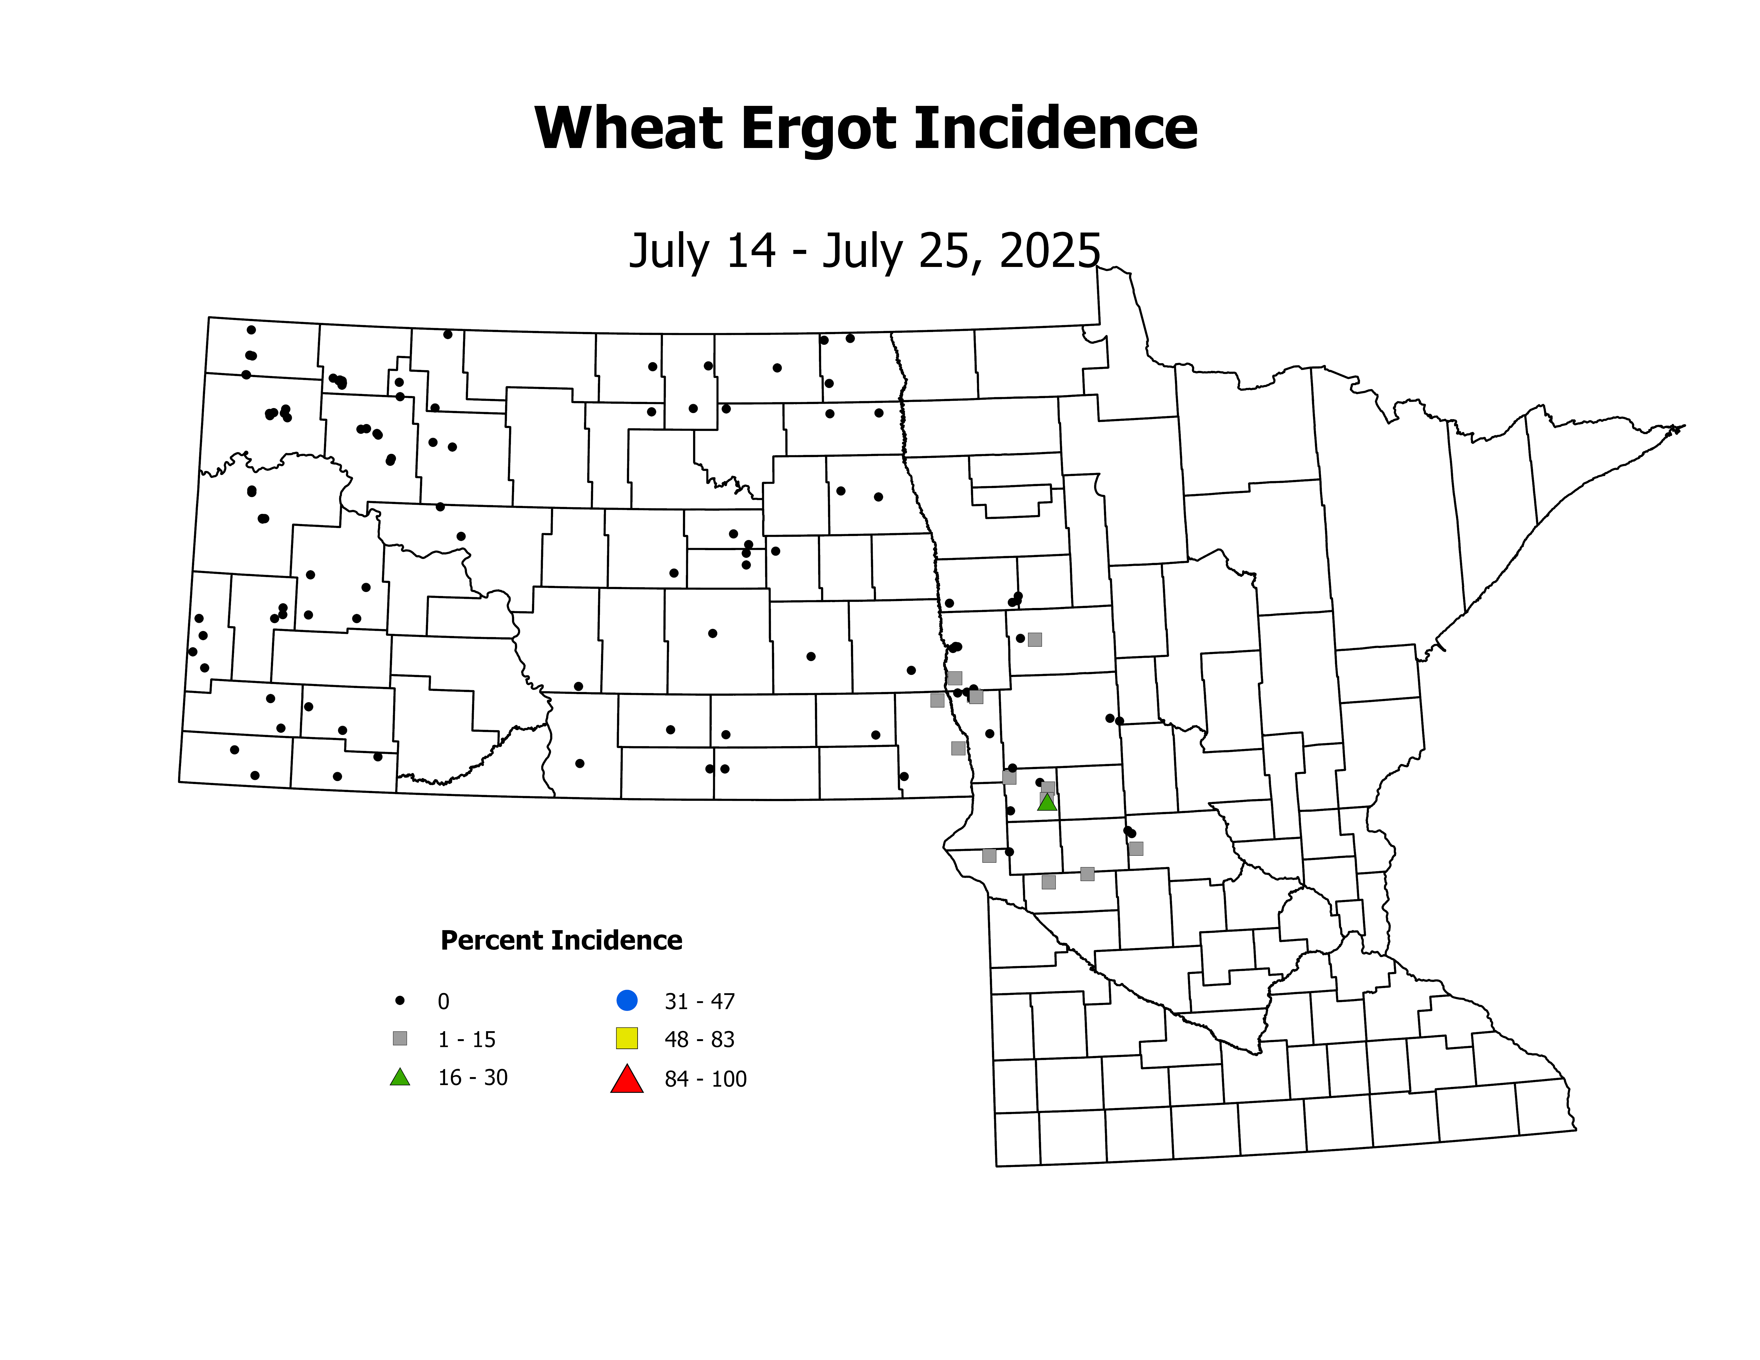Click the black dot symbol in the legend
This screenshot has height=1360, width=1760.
[400, 1001]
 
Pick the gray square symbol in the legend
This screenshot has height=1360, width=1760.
[400, 1038]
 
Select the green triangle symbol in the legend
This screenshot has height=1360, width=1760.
[400, 1077]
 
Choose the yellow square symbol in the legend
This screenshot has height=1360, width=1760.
[627, 1038]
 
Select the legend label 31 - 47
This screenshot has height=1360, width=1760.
[699, 1002]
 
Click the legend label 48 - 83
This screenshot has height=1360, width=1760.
[699, 1039]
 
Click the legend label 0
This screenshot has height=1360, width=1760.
[443, 1002]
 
